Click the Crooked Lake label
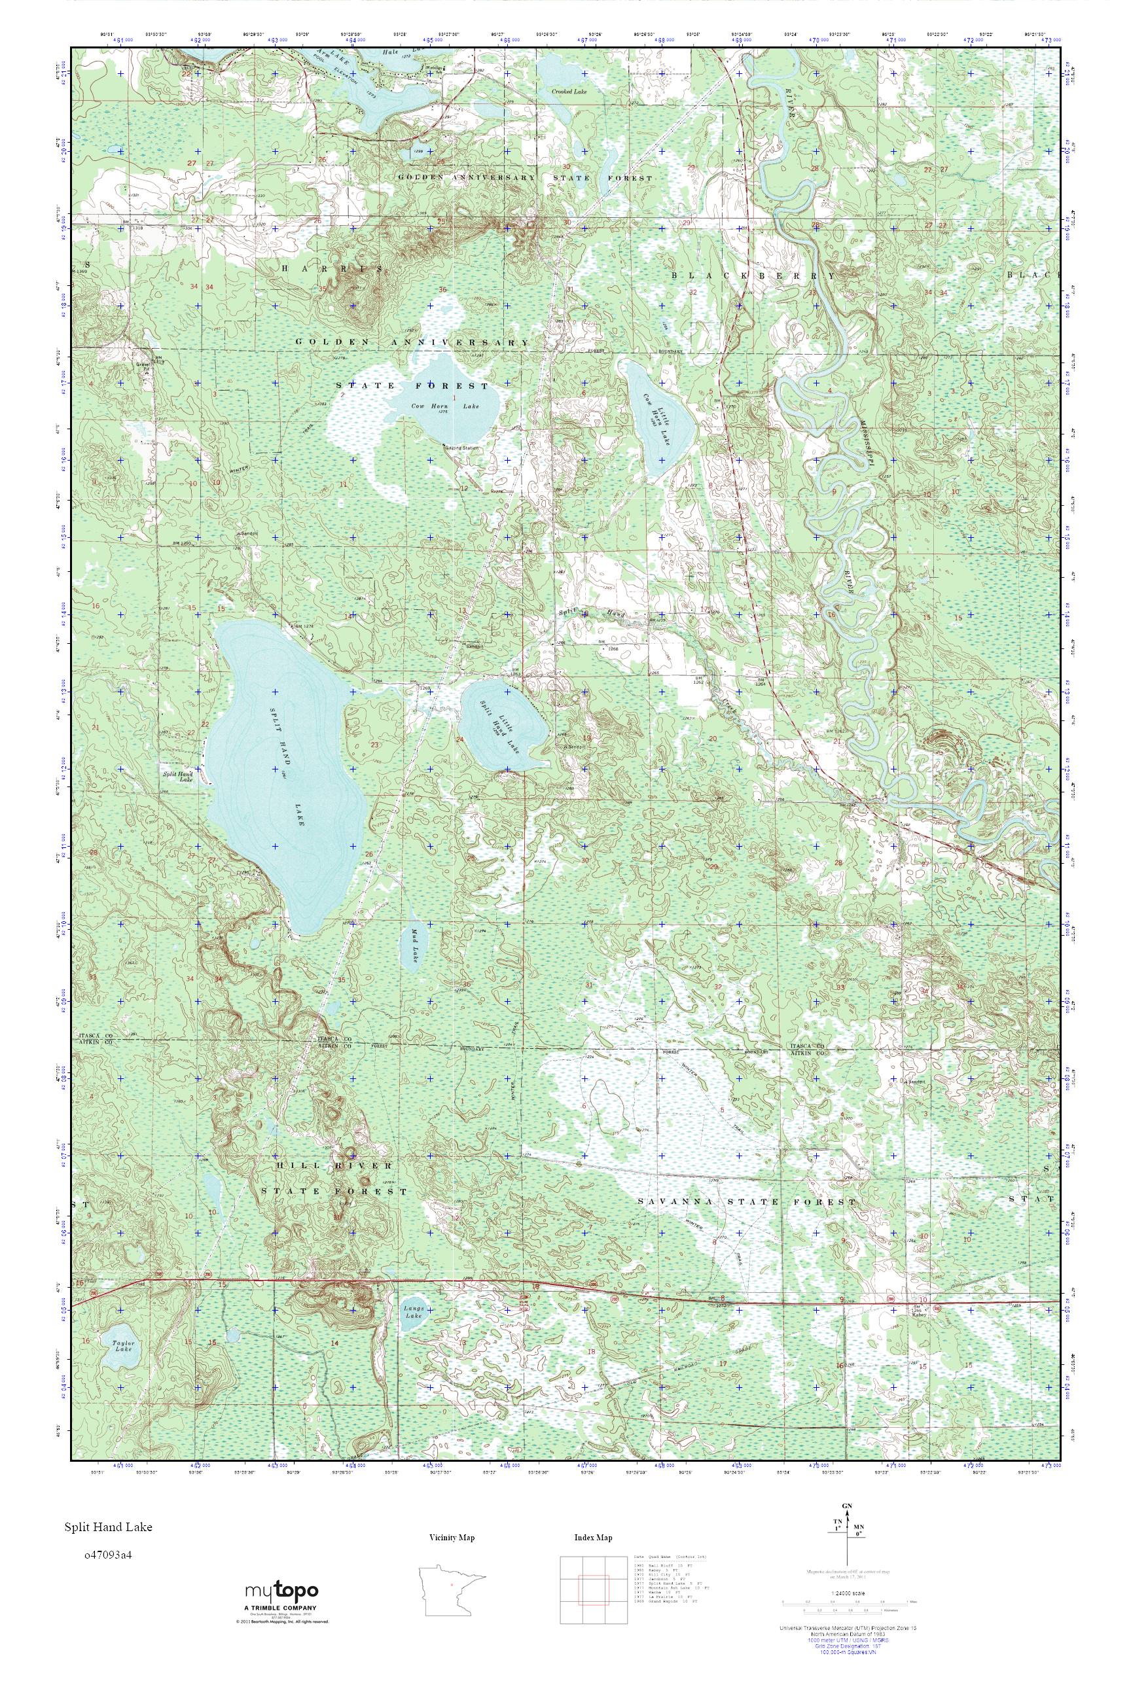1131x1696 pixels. pyautogui.click(x=569, y=92)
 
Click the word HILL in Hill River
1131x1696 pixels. pyautogui.click(x=293, y=1166)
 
